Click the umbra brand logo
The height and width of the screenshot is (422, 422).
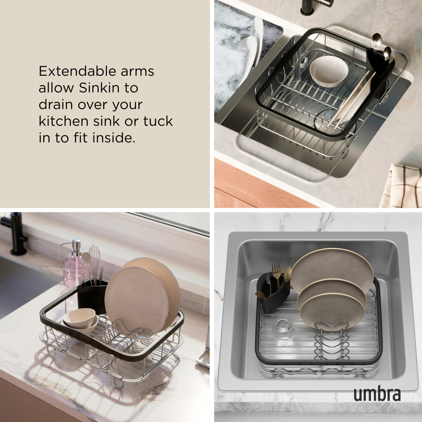coord(377,395)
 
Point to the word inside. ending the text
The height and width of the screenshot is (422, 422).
coord(113,138)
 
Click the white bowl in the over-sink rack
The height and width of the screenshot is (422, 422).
coord(328,71)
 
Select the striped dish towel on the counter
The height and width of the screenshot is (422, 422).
coord(401,186)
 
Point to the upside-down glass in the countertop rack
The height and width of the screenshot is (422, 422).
coord(144,339)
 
